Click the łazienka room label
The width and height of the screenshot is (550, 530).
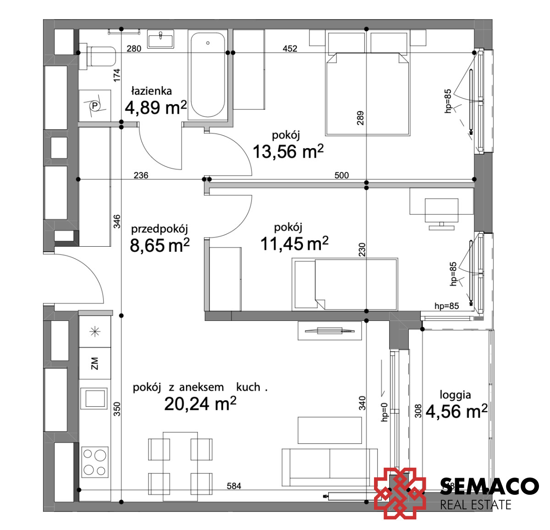pyautogui.click(x=152, y=91)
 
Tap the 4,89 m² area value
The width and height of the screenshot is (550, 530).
pyautogui.click(x=156, y=107)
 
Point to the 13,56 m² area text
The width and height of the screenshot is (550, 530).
pyautogui.click(x=288, y=151)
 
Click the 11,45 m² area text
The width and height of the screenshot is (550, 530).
pyautogui.click(x=294, y=243)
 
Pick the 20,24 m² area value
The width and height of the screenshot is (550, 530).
pyautogui.click(x=200, y=403)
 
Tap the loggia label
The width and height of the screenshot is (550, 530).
pyautogui.click(x=455, y=395)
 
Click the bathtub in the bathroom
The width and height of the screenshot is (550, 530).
pyautogui.click(x=208, y=75)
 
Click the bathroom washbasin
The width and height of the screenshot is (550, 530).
pyautogui.click(x=160, y=39)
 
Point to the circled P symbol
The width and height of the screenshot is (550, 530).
pyautogui.click(x=95, y=106)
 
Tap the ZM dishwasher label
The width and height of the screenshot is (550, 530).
pyautogui.click(x=95, y=363)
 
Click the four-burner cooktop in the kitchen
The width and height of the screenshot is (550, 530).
pyautogui.click(x=95, y=462)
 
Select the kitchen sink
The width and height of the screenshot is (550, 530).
pyautogui.click(x=94, y=398)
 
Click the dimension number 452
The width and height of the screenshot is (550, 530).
pyautogui.click(x=290, y=49)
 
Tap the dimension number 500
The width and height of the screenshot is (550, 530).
pyautogui.click(x=342, y=175)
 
